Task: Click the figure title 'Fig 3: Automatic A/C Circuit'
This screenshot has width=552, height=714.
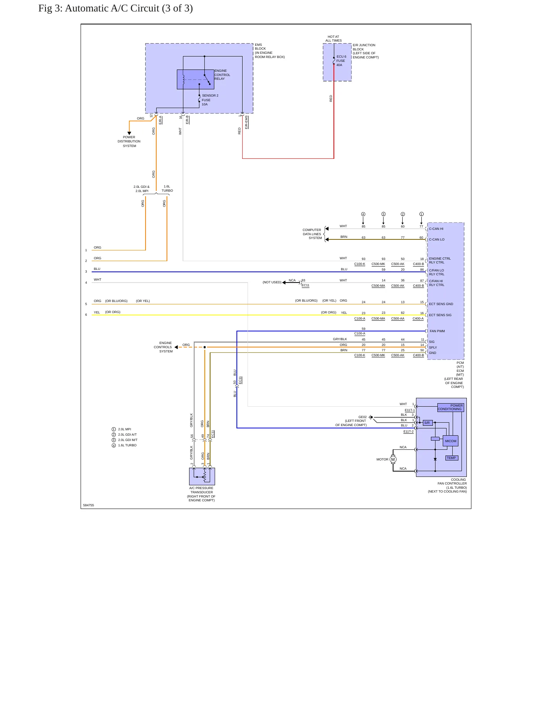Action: pos(99,8)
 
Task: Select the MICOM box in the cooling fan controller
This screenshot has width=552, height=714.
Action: pos(450,441)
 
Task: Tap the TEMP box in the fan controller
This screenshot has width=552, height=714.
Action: pos(451,458)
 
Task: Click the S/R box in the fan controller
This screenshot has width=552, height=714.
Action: pos(427,423)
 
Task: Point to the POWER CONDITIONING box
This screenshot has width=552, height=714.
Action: pos(450,407)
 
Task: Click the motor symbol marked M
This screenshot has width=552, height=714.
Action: pos(393,459)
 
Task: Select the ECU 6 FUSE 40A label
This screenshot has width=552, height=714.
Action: pos(341,61)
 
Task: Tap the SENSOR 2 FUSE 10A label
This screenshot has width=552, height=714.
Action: pos(210,100)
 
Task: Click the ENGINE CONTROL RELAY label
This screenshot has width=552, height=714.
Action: pos(222,75)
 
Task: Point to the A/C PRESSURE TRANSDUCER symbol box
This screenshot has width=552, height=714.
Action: pos(202,477)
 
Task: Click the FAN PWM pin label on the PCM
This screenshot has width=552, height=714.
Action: pos(437,331)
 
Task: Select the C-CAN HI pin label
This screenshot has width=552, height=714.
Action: pos(436,229)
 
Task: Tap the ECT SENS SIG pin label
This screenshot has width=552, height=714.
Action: pos(440,315)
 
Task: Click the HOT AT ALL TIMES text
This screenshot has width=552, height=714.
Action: pos(333,39)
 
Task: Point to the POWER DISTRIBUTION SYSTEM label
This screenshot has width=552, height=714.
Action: pos(129,141)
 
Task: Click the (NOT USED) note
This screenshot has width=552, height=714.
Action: pos(272,282)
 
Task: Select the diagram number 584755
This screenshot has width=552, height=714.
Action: pos(89,505)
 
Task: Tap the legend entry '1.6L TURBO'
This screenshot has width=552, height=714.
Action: pos(127,445)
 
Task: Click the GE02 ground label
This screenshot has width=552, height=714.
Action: pos(363,417)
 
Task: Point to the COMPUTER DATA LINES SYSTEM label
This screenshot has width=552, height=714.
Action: pos(312,234)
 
